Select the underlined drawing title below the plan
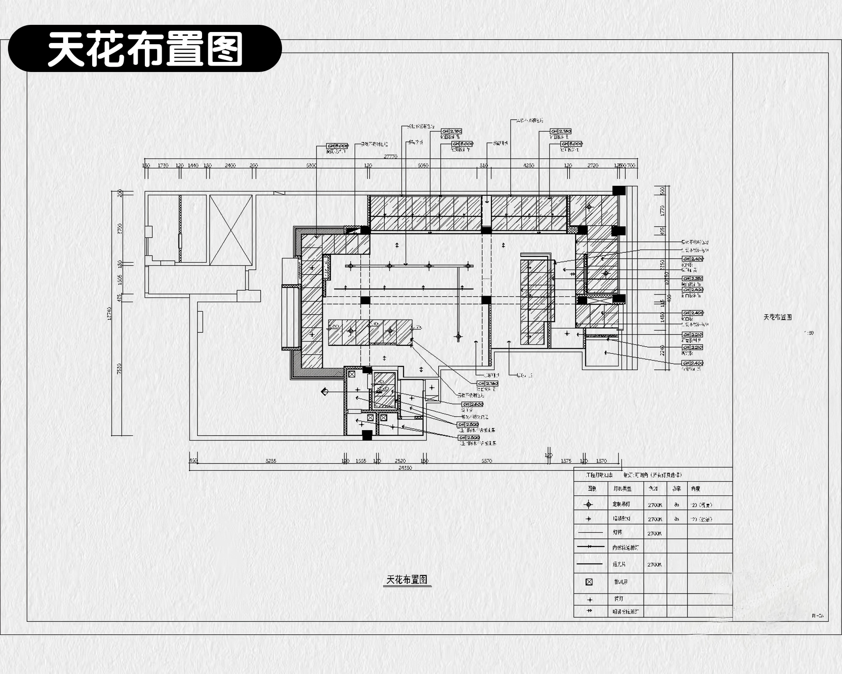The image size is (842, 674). click(407, 580)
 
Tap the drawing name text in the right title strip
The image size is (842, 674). click(777, 317)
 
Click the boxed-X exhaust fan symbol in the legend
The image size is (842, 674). click(589, 582)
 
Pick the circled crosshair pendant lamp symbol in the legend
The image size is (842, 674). click(589, 504)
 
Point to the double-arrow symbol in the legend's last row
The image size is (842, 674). click(589, 611)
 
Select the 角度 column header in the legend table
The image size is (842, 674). click(695, 489)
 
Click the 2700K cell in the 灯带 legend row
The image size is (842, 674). click(654, 533)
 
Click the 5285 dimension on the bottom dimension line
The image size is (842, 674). click(271, 461)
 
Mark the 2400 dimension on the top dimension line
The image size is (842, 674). click(230, 166)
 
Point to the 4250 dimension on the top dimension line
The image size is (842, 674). click(528, 166)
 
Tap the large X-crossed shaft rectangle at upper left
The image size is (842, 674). click(231, 230)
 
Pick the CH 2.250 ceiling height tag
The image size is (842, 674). click(693, 278)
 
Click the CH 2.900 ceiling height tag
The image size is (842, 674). click(693, 290)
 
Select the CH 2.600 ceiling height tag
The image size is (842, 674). click(472, 404)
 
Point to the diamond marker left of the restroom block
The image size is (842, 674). click(325, 392)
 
